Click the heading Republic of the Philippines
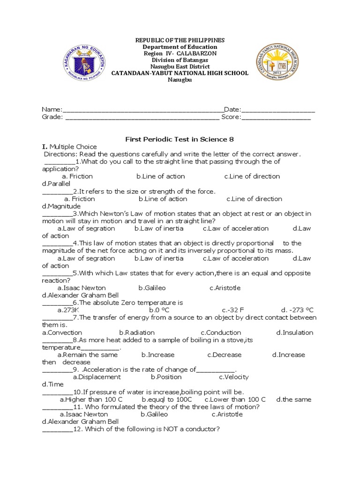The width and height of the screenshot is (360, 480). tap(180, 40)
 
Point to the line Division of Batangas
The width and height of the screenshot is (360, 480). tap(180, 60)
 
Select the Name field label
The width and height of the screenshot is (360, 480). tap(52, 110)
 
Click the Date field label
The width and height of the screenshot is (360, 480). tap(232, 110)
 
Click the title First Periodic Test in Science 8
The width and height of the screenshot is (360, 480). tap(179, 139)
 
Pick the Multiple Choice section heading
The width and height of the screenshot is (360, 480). tap(73, 147)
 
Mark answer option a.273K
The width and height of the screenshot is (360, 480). tap(68, 310)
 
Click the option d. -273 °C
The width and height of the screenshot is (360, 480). tap(297, 310)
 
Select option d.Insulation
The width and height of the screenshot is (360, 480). tap(294, 333)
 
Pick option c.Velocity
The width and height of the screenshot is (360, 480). tap(233, 377)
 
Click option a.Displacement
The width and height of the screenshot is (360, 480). tap(97, 377)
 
